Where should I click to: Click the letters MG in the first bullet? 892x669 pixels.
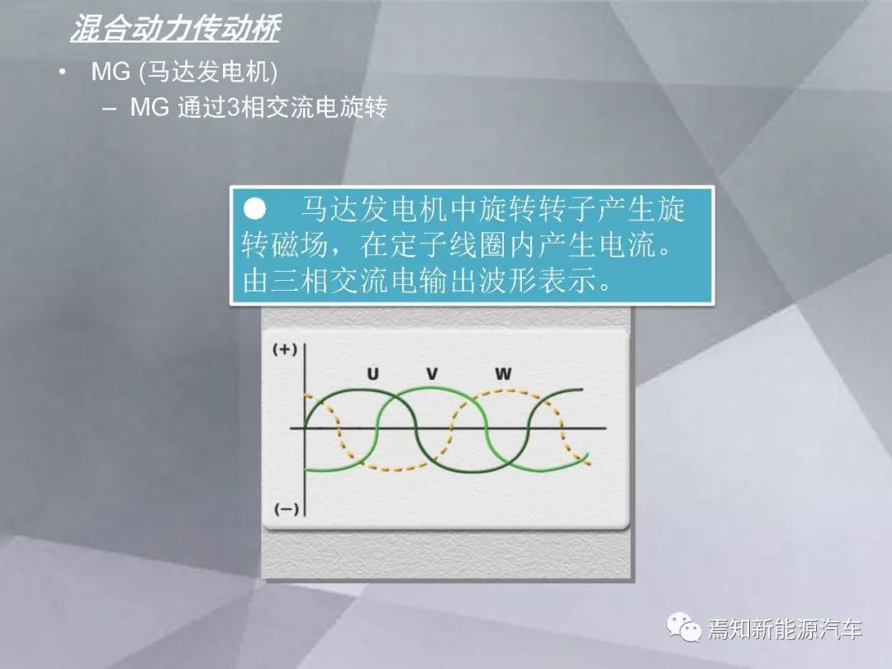111,72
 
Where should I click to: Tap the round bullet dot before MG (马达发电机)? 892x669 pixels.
62,72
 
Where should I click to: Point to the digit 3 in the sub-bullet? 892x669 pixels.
233,107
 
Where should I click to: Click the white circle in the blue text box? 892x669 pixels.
255,209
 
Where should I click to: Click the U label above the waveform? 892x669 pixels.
372,374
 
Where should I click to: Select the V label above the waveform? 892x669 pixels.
432,374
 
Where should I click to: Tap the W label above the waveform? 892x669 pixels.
503,374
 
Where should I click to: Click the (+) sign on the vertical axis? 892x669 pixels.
285,349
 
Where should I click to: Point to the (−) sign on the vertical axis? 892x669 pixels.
286,509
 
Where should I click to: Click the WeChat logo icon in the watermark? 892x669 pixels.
684,627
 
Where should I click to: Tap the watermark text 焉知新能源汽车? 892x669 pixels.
785,629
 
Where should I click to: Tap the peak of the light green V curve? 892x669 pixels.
427,388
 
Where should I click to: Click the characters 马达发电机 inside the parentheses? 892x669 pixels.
208,72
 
